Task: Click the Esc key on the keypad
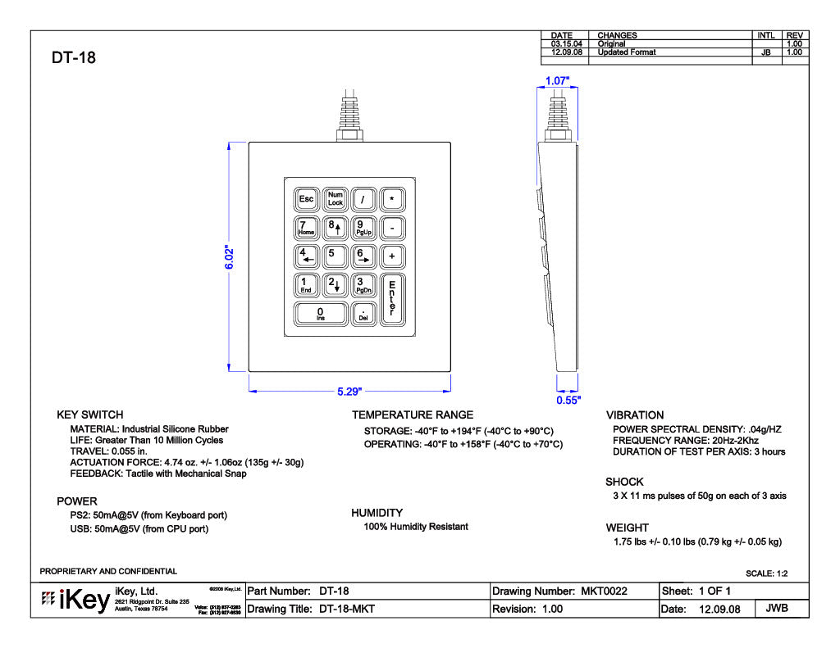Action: pos(306,199)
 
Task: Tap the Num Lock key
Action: pos(335,199)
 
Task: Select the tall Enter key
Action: pos(392,298)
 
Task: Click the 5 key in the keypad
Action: pos(335,255)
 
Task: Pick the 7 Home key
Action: pos(306,227)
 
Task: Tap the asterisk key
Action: pos(392,199)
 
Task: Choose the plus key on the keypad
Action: pos(392,256)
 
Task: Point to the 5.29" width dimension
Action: pos(350,392)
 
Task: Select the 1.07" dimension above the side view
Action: pos(557,81)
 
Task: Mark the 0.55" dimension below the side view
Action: pos(568,401)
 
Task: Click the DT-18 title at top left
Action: pos(74,58)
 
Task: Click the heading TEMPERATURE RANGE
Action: pos(413,415)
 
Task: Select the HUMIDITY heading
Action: pos(377,513)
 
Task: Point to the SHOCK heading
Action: pos(624,482)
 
